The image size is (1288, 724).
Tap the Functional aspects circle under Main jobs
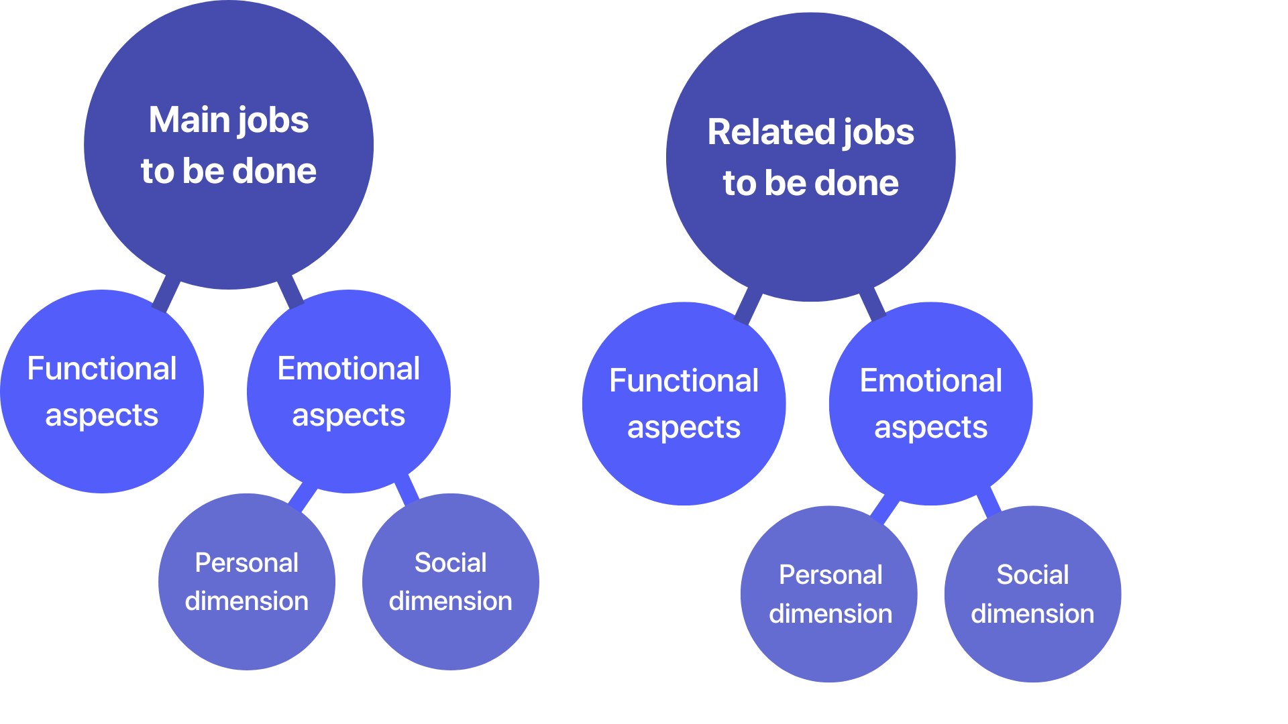click(x=102, y=391)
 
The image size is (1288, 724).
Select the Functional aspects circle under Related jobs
click(x=684, y=404)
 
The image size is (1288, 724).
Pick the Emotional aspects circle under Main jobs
click(x=349, y=391)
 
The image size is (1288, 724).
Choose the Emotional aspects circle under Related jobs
click(x=930, y=404)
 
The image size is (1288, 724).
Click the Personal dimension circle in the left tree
click(x=247, y=582)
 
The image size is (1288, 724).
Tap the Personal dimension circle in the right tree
click(x=829, y=594)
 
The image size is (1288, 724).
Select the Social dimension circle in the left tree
click(x=451, y=582)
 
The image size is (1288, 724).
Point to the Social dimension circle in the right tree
click(x=1032, y=594)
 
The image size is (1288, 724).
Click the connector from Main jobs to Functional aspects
click(x=166, y=294)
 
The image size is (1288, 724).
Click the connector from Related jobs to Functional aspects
click(x=748, y=306)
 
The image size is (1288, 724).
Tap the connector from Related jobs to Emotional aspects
click(x=873, y=304)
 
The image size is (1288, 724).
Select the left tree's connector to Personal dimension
click(x=303, y=497)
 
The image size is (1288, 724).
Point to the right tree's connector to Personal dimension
click(x=885, y=509)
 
